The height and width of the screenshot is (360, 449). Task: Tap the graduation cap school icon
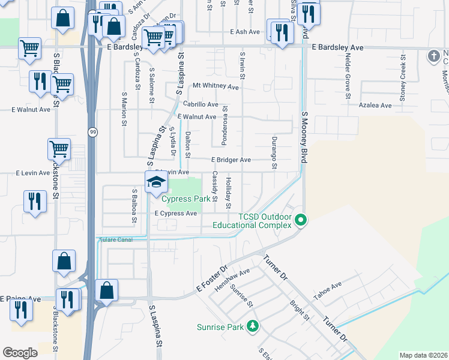(x=155, y=182)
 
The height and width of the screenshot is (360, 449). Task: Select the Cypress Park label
(x=188, y=199)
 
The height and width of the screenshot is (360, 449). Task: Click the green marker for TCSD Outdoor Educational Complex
(x=301, y=221)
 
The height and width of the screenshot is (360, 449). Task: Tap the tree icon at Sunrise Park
(x=253, y=326)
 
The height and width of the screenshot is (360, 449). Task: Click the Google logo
(x=20, y=353)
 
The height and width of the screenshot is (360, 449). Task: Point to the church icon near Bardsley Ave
(x=433, y=56)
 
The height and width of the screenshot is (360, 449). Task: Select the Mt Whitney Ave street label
(x=215, y=87)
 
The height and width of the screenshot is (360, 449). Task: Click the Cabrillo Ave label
(x=196, y=104)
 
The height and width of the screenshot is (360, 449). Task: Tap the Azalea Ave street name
(x=375, y=105)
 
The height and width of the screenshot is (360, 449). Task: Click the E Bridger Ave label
(x=231, y=160)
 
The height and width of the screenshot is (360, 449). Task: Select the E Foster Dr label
(x=212, y=279)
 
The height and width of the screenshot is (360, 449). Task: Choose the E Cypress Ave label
(x=175, y=214)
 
